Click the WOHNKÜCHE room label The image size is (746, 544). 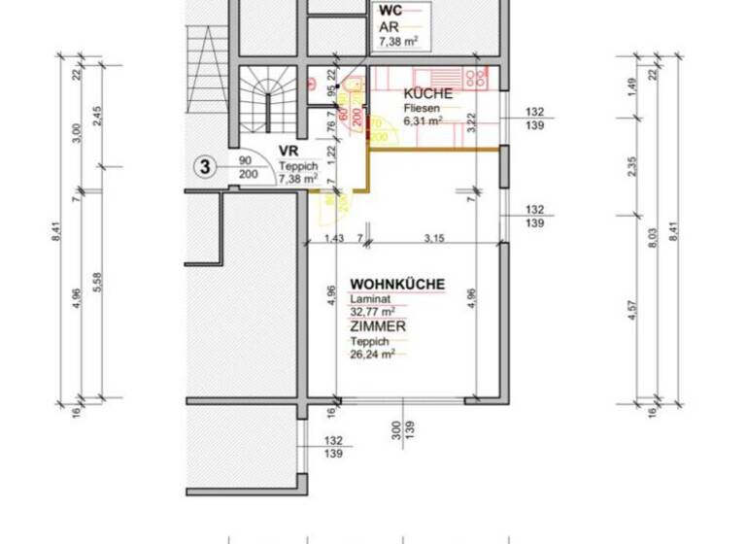pyautogui.click(x=397, y=285)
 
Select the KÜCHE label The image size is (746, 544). pyautogui.click(x=427, y=94)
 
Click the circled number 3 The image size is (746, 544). pyautogui.click(x=205, y=166)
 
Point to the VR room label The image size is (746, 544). pyautogui.click(x=288, y=152)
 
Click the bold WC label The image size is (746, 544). pyautogui.click(x=390, y=11)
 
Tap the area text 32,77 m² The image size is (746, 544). pyautogui.click(x=374, y=313)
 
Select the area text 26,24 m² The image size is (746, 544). pyautogui.click(x=374, y=356)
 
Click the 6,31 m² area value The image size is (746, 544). pyautogui.click(x=424, y=122)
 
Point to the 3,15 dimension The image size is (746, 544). pyautogui.click(x=421, y=238)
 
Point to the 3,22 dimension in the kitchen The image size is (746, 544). pyautogui.click(x=471, y=121)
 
